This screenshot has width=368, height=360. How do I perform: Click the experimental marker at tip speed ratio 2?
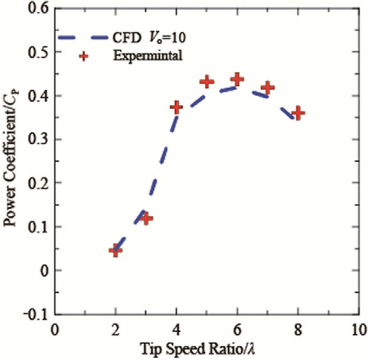click(116, 250)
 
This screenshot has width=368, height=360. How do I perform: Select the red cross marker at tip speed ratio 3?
click(146, 219)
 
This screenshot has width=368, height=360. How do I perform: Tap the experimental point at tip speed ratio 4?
click(176, 107)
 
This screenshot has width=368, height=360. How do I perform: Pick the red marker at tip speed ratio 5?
click(206, 81)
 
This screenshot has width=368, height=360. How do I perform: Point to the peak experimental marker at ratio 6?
click(237, 79)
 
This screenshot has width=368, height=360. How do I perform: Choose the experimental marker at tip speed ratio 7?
click(268, 87)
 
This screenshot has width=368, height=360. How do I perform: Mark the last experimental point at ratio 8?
click(298, 113)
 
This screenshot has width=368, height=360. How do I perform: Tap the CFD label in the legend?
click(126, 38)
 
